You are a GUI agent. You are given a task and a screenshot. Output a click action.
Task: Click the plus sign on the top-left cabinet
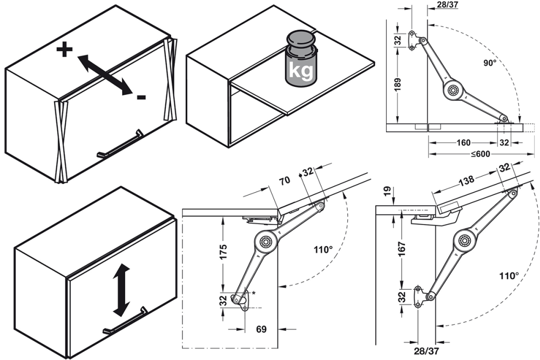click(x=64, y=51)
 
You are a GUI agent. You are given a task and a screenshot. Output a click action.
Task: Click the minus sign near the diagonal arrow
click(x=141, y=97)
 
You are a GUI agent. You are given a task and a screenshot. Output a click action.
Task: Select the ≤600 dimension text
click(x=480, y=153)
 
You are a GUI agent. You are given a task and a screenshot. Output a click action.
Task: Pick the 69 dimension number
click(x=261, y=328)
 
